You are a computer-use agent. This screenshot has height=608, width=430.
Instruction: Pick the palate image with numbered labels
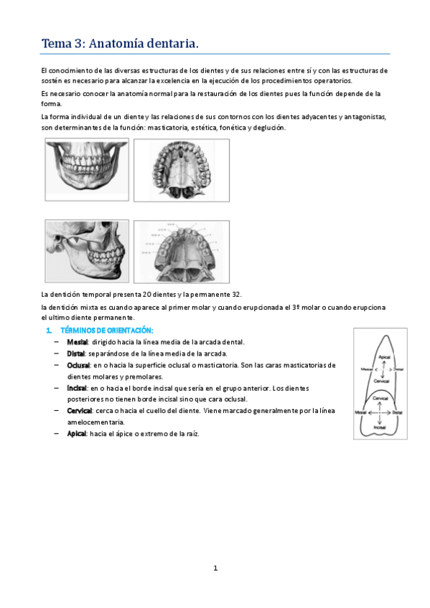[181, 252]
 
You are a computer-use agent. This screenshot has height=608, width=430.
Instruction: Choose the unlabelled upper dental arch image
[181, 170]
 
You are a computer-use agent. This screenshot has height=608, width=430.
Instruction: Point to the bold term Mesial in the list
[77, 342]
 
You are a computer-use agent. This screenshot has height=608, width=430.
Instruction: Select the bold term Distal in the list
[76, 353]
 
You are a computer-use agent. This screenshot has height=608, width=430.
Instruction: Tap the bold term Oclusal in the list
[79, 365]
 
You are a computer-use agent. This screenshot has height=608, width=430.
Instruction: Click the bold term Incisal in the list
[78, 388]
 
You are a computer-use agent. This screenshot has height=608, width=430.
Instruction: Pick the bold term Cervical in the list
[80, 411]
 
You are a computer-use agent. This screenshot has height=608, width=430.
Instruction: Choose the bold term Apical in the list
[77, 434]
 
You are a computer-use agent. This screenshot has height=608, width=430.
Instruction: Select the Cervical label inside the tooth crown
[380, 396]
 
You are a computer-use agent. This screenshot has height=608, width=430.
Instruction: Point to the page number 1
[215, 569]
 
